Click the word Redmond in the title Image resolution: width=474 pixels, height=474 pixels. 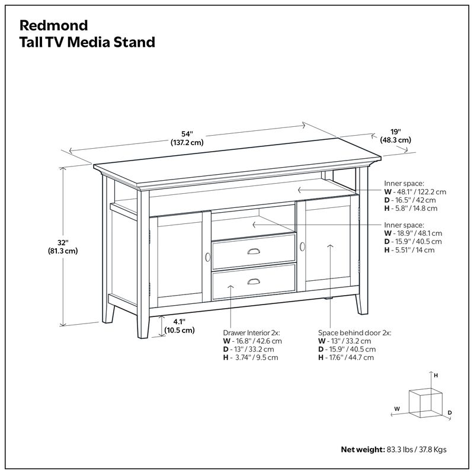click(54, 25)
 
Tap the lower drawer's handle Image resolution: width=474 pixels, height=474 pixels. click(254, 282)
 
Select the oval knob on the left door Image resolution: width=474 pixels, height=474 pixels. click(208, 257)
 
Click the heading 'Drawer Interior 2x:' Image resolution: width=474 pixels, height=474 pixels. click(251, 333)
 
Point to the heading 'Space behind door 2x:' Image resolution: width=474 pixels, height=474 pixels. click(354, 333)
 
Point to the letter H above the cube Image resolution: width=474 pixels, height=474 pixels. click(435, 376)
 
